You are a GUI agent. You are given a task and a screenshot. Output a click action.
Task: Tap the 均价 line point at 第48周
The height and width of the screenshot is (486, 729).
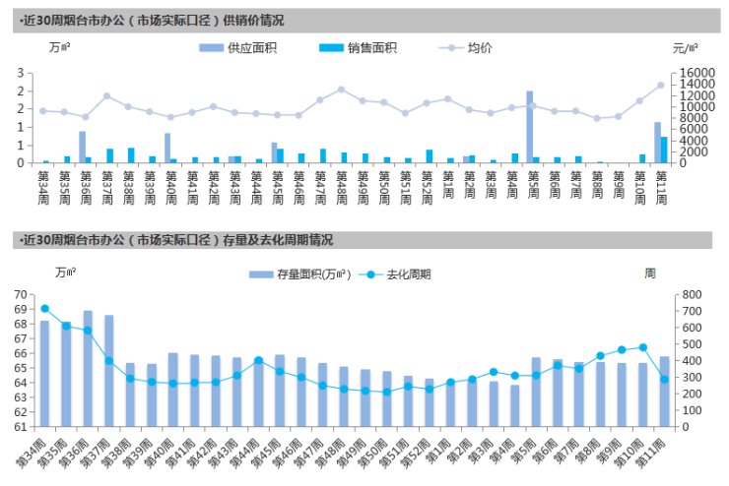point(341,90)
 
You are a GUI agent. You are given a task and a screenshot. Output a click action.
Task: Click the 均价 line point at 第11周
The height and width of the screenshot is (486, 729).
point(661,86)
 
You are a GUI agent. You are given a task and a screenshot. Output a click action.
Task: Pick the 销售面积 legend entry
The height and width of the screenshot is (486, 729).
point(359,47)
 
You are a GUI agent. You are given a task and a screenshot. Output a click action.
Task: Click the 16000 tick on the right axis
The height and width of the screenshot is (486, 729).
point(690,73)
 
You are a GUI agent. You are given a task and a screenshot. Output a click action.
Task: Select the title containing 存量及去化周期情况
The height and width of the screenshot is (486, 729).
point(174,239)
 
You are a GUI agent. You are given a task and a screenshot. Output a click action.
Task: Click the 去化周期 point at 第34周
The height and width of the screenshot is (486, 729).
point(44,309)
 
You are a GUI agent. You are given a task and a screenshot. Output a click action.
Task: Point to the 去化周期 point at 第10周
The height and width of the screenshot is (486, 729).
point(643,347)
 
